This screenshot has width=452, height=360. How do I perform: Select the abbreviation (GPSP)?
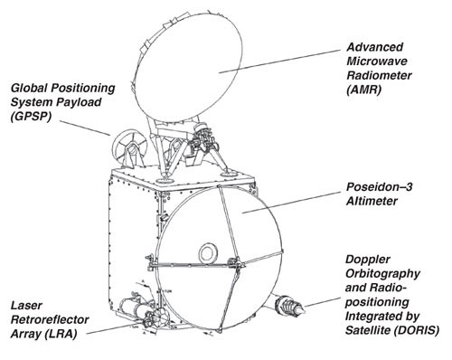click(33, 118)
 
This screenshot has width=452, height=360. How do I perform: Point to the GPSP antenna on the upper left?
click(127, 144)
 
